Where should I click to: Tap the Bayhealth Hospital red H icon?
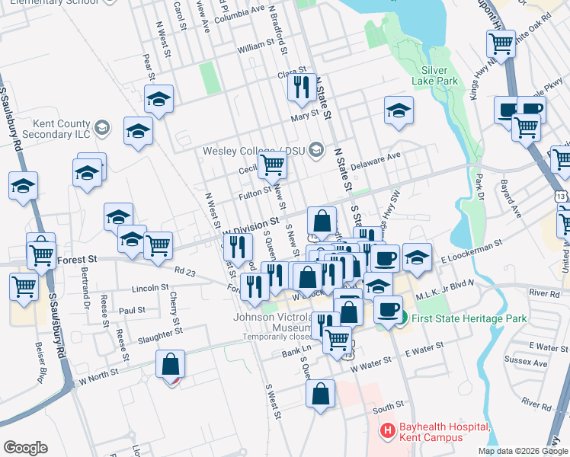pos(387,432)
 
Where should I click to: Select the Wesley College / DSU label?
pos(255,150)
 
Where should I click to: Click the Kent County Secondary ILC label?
pos(51,128)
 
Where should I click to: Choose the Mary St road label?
pos(304,117)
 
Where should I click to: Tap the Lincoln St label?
pos(149,289)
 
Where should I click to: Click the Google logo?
pos(25,448)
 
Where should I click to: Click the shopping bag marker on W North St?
pos(170,364)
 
